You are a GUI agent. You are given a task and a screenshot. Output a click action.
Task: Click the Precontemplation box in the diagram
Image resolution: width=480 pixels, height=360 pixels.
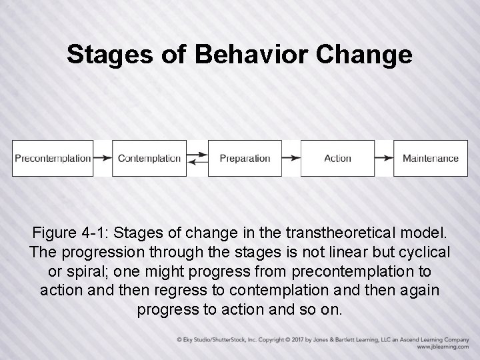(53, 158)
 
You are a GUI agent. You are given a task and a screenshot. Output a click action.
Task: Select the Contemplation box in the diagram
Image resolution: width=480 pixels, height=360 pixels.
(149, 158)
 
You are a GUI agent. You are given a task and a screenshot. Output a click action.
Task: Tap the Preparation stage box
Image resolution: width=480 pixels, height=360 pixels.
(245, 158)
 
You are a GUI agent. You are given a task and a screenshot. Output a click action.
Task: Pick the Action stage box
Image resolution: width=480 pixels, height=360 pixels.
(337, 158)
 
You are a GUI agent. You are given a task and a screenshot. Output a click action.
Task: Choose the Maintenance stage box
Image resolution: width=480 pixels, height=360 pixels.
(430, 158)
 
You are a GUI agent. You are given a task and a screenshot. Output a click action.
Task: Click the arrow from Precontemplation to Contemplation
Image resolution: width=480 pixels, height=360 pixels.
(103, 158)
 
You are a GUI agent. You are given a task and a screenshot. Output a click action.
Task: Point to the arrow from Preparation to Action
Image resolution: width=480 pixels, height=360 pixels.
(291, 158)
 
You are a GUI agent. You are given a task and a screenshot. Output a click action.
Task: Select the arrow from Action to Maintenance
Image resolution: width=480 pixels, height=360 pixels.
(384, 158)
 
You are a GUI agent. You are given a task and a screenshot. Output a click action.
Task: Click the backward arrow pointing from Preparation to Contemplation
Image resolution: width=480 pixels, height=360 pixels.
(197, 162)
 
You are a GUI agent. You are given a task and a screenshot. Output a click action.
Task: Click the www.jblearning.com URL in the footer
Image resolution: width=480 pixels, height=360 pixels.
(443, 347)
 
